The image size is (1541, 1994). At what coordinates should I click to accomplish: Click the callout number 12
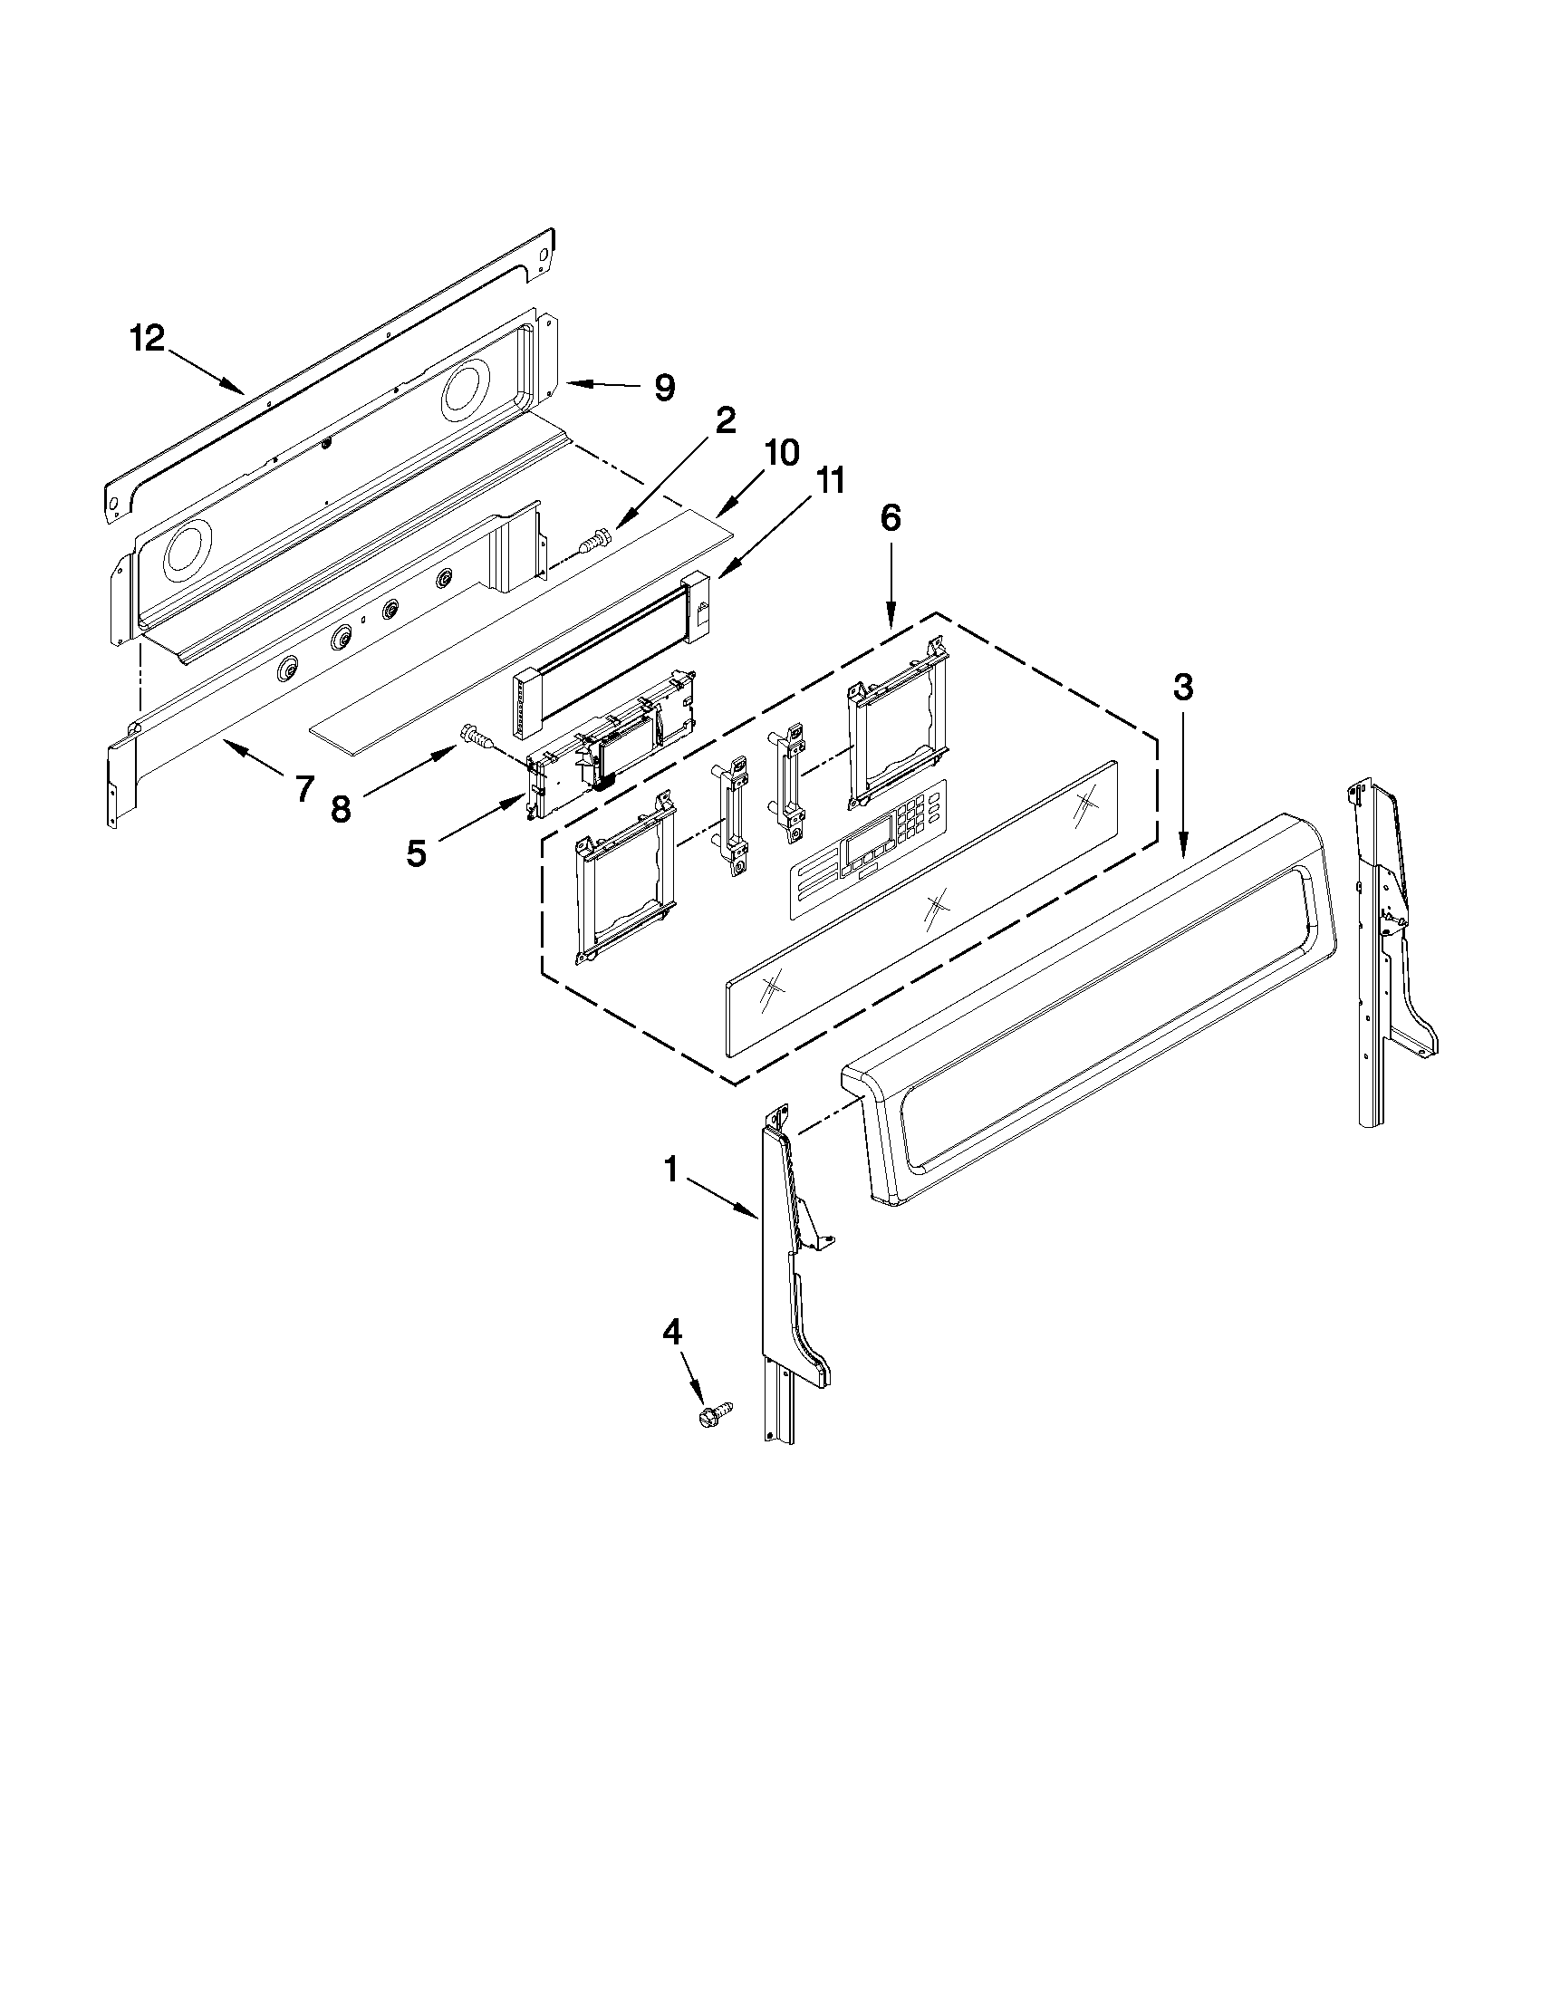pyautogui.click(x=146, y=339)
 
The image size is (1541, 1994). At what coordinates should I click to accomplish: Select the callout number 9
pyautogui.click(x=665, y=387)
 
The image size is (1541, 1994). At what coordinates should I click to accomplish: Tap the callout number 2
pyautogui.click(x=724, y=420)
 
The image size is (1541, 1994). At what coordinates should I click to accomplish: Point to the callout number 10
pyautogui.click(x=783, y=452)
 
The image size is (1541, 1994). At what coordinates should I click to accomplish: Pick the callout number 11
pyautogui.click(x=829, y=481)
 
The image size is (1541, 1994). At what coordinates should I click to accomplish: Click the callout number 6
pyautogui.click(x=891, y=517)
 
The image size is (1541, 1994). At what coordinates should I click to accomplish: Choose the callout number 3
pyautogui.click(x=1182, y=688)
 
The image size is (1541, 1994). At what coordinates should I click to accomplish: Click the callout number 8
pyautogui.click(x=341, y=809)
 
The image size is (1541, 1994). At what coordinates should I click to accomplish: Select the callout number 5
pyautogui.click(x=417, y=853)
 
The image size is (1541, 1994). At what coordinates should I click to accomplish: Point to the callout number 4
pyautogui.click(x=671, y=1333)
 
